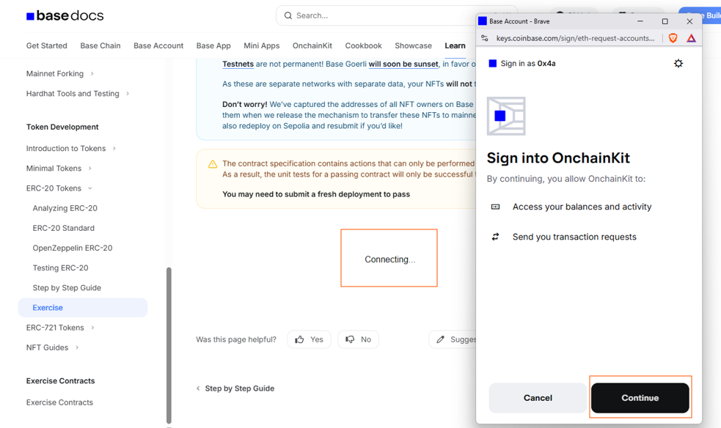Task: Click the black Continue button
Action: (x=640, y=398)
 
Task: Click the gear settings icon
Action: (x=678, y=63)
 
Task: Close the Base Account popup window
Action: (x=689, y=21)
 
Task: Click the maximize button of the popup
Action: (x=665, y=21)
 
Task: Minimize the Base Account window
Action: (x=640, y=21)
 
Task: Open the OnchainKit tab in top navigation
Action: (x=312, y=45)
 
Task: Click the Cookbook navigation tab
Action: (x=363, y=45)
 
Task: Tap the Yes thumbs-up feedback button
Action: (x=309, y=339)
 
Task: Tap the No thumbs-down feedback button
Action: (x=358, y=339)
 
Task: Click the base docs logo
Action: (x=65, y=16)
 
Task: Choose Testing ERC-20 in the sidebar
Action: (x=60, y=267)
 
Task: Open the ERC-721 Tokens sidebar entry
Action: (x=55, y=328)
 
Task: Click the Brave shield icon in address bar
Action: (x=673, y=38)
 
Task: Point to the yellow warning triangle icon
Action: (x=213, y=164)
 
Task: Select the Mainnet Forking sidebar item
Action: (x=55, y=73)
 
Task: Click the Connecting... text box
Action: (x=389, y=258)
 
